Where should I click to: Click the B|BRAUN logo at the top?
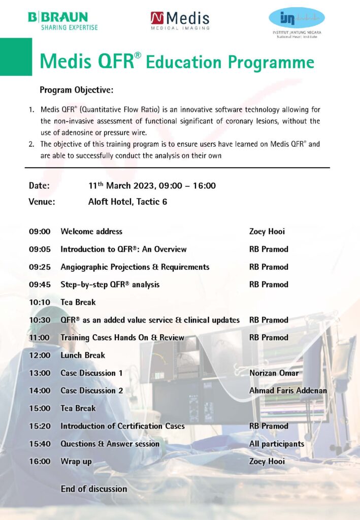coord(63,20)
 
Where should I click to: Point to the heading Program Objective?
coord(76,90)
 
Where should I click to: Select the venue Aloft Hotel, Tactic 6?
coord(127,202)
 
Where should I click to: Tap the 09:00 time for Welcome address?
coord(40,232)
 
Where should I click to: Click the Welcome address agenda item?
coord(91,232)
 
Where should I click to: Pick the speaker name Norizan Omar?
coord(274,373)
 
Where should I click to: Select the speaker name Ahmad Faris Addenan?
coord(288,391)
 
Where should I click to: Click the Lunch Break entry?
coord(83,355)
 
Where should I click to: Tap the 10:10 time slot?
coord(40,302)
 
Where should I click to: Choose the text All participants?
coord(277,444)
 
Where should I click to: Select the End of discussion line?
coord(94,489)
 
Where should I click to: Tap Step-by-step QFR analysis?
coord(110,284)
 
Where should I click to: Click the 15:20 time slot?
coord(40,426)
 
